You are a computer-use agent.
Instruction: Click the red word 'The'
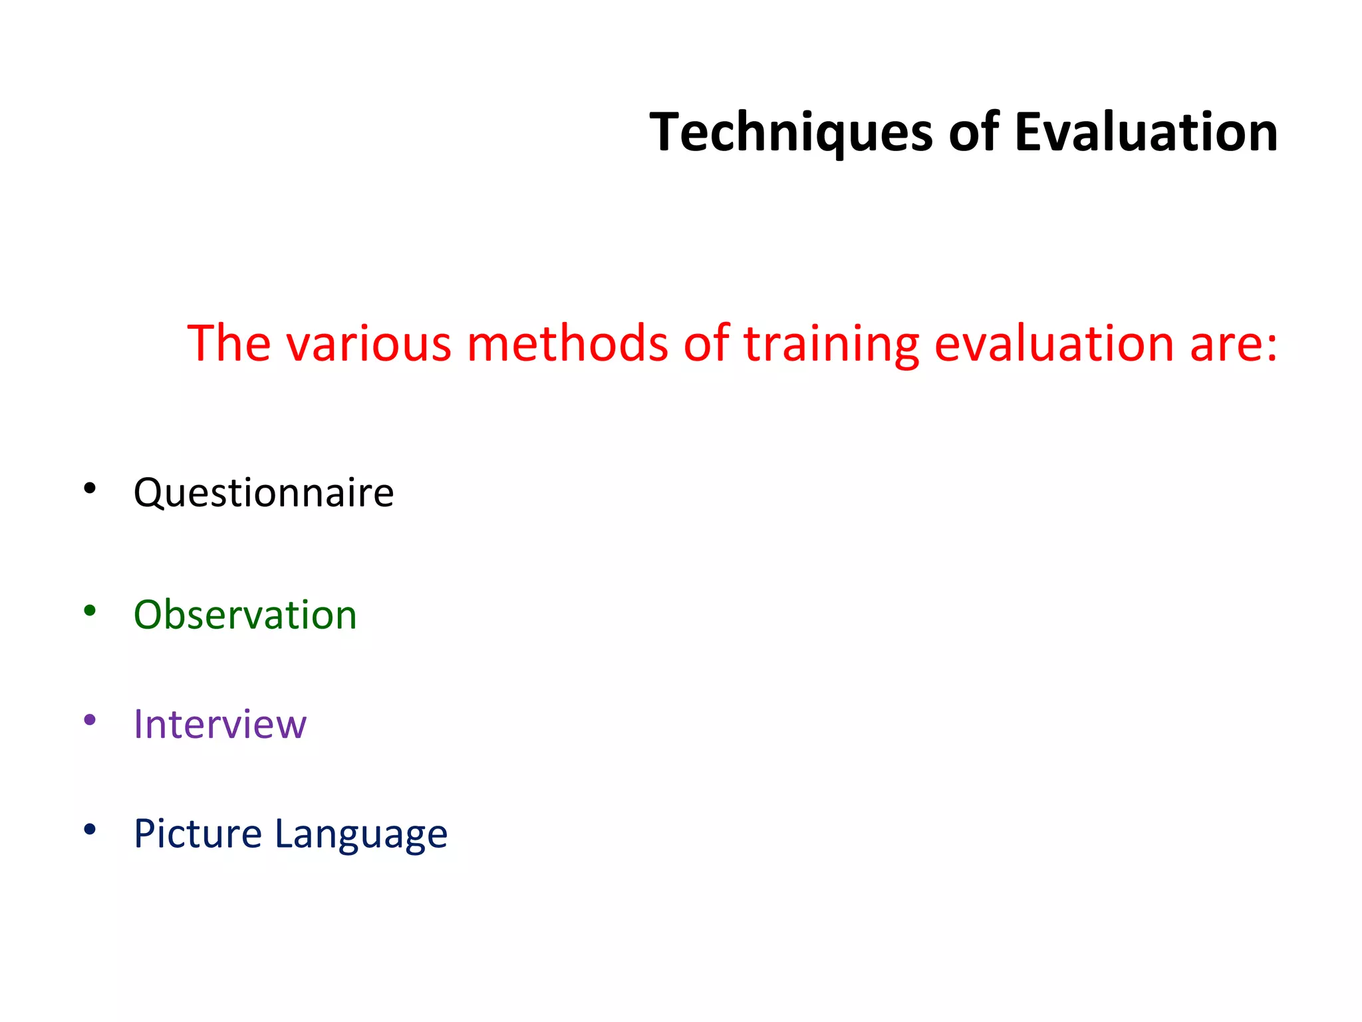229,343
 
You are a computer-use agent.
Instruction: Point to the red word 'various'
369,345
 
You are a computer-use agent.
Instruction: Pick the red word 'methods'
567,343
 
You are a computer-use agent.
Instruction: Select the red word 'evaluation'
1053,343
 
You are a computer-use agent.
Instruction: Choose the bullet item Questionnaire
263,494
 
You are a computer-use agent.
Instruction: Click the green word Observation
245,615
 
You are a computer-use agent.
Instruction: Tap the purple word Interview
219,724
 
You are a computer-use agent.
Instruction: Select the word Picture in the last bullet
198,834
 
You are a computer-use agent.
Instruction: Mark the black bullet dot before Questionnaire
90,489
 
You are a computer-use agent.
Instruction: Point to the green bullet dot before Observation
90,610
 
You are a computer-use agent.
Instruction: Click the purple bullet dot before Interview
90,720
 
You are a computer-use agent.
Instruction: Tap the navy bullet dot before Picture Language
90,829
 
